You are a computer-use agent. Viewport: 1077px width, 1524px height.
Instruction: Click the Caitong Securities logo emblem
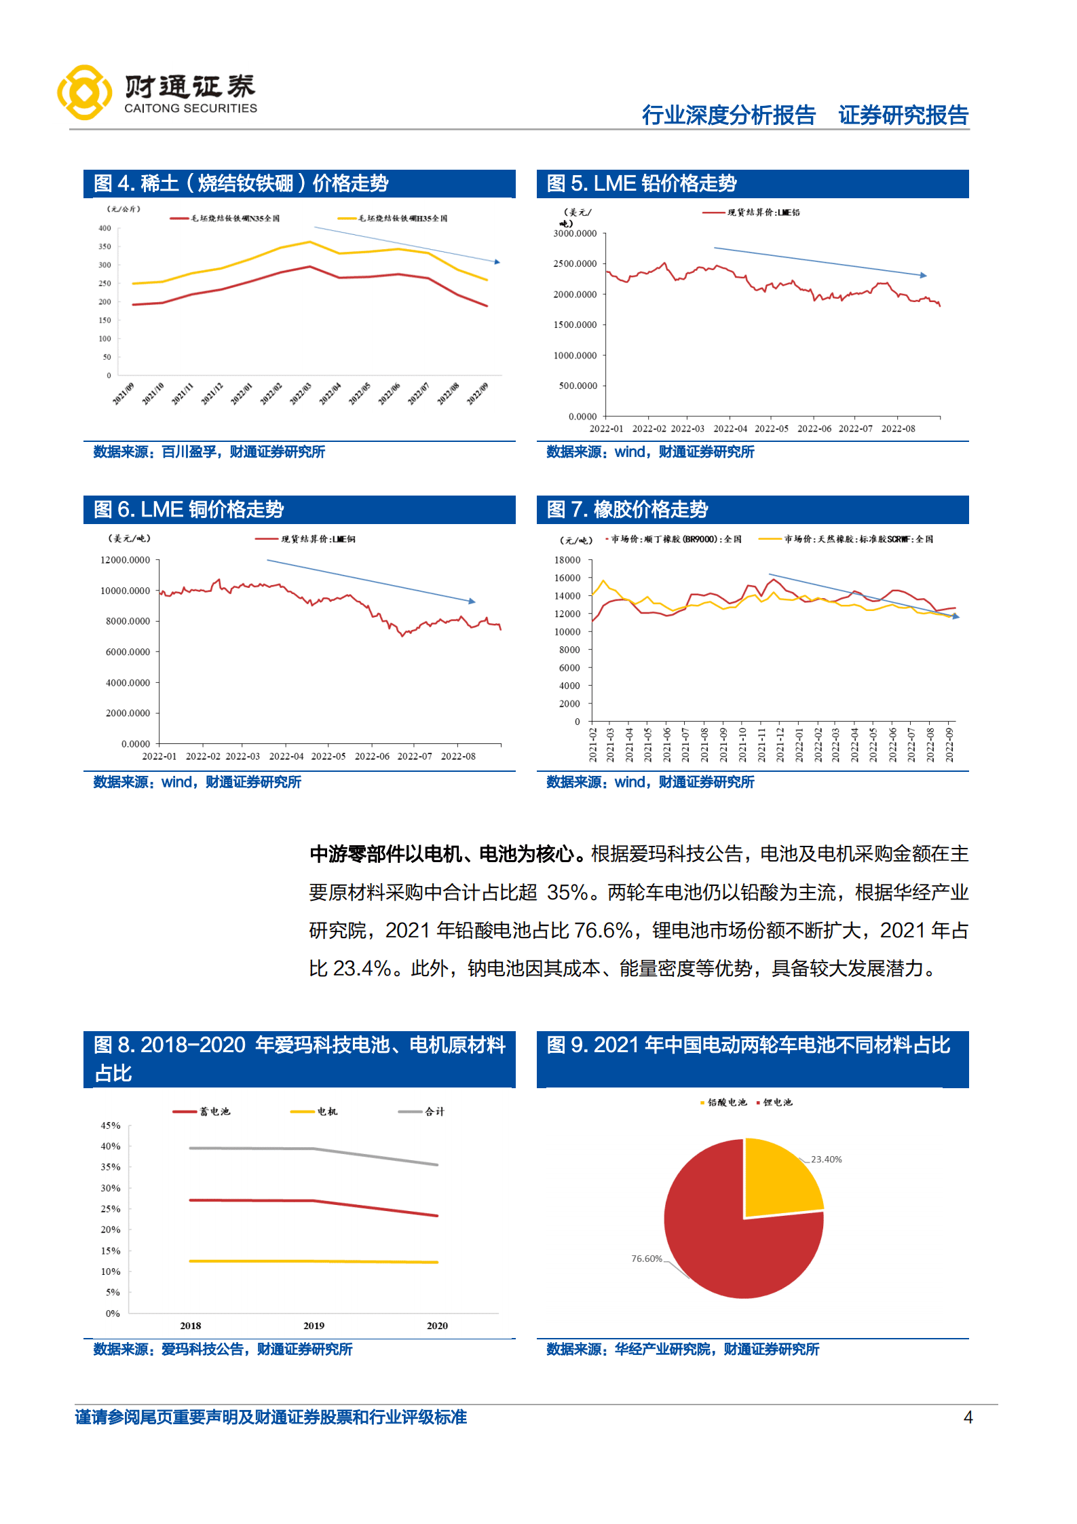tap(84, 92)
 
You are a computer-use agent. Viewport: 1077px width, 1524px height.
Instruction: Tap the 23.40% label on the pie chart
tap(826, 1159)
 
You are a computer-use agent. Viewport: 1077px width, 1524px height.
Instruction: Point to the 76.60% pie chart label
tap(646, 1259)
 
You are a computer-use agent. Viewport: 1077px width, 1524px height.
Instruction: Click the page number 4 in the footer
tap(968, 1417)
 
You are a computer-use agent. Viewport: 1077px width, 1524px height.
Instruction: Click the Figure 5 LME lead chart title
tap(641, 183)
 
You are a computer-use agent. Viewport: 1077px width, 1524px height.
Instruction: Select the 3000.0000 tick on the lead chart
tap(575, 234)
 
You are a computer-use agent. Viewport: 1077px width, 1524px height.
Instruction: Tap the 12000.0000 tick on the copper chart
tap(125, 560)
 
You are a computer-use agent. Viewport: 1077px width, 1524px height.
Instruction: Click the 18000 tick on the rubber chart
tap(567, 560)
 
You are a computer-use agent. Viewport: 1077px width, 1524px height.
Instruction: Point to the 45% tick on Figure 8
tap(111, 1126)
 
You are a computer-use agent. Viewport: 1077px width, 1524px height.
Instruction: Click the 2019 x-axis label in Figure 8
tap(314, 1326)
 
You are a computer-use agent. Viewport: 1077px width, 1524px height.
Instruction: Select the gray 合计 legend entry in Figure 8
tap(421, 1111)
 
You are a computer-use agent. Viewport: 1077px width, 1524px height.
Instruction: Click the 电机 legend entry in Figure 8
tap(314, 1111)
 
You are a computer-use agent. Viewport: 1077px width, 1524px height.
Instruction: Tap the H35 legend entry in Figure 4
tap(393, 219)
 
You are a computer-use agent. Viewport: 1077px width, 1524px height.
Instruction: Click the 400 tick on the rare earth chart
tap(105, 228)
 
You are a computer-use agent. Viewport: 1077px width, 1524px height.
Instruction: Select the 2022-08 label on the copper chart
tap(458, 756)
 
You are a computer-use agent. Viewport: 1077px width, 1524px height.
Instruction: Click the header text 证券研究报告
tap(903, 115)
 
